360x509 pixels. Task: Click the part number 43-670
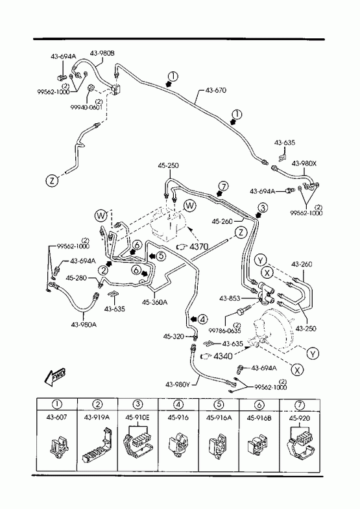point(216,90)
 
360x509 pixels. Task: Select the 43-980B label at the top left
point(102,53)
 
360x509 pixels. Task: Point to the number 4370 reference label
point(198,246)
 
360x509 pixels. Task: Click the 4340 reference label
point(223,356)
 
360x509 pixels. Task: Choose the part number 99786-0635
point(224,331)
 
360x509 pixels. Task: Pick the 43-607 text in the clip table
point(56,417)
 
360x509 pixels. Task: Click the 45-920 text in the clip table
point(299,418)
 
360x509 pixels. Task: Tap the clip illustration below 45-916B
point(258,444)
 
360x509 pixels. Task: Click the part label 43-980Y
point(178,385)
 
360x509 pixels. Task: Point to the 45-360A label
point(154,302)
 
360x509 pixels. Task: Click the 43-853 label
point(230,298)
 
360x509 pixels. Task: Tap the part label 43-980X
point(304,163)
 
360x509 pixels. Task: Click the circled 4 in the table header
point(178,405)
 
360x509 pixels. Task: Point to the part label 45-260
point(222,221)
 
